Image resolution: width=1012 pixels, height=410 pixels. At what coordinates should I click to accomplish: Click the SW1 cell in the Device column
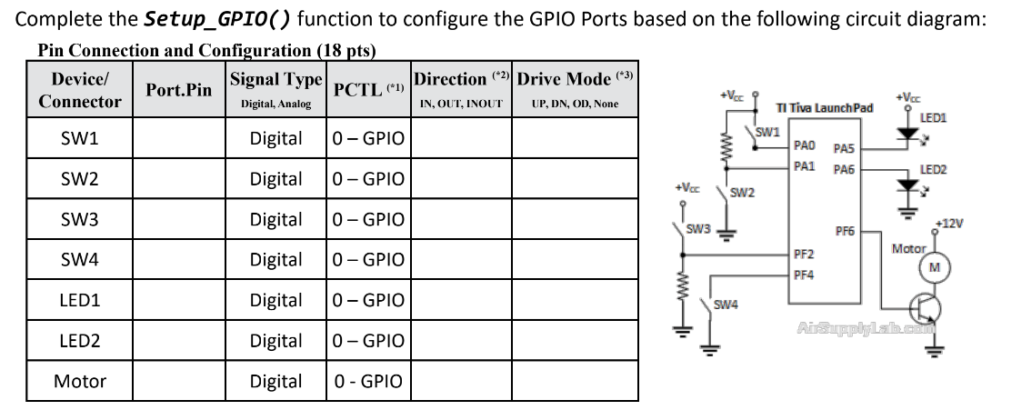[x=79, y=139]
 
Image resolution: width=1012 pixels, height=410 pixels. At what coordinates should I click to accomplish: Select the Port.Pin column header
[x=179, y=89]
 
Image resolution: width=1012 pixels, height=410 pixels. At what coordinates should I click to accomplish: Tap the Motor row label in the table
[x=79, y=381]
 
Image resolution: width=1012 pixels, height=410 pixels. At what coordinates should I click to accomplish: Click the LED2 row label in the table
[x=79, y=341]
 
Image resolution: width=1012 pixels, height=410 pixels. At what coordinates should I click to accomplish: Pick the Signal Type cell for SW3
[x=276, y=220]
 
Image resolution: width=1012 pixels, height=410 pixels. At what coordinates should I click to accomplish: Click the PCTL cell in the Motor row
[x=368, y=381]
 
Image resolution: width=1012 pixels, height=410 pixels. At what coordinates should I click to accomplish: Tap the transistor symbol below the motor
[x=926, y=310]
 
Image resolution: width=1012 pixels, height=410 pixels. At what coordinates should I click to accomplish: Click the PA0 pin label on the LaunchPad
[x=805, y=145]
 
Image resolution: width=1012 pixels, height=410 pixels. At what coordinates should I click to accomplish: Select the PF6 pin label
[x=845, y=232]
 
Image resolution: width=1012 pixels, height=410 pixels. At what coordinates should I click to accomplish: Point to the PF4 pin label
[x=804, y=274]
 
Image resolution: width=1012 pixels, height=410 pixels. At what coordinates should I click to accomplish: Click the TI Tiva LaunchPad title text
[x=824, y=108]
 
